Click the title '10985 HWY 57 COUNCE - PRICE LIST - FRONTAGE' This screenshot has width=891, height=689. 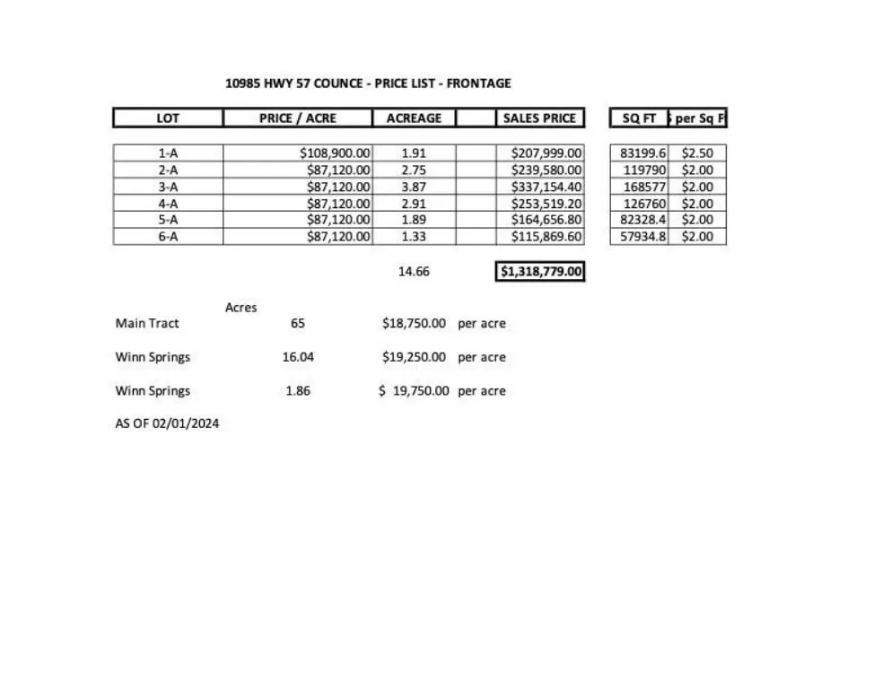pos(368,83)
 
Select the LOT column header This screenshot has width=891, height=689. pos(168,118)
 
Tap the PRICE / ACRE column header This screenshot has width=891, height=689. pos(297,118)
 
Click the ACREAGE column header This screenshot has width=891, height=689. pos(414,118)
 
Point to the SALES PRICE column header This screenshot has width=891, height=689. pos(539,118)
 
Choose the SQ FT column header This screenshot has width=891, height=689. pos(639,118)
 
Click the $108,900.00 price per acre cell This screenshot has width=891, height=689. pos(335,153)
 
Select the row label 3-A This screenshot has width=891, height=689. pos(168,187)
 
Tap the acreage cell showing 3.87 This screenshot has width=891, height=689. pos(414,187)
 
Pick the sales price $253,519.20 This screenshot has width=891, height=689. pos(546,204)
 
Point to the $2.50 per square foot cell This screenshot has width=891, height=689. pos(697,153)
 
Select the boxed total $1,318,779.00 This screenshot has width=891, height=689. pos(541,271)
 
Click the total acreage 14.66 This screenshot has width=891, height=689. pos(414,271)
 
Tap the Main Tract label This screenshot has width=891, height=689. pos(147,323)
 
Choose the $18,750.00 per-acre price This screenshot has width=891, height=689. pos(414,323)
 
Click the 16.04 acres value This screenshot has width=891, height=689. pos(298,357)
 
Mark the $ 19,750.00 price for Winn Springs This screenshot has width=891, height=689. pos(414,391)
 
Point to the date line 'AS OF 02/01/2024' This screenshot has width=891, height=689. pos(167,423)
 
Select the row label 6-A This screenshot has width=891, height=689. pos(168,237)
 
